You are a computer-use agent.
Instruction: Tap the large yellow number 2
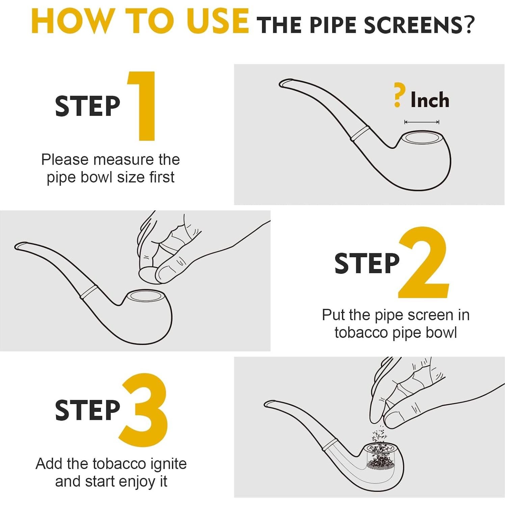424,262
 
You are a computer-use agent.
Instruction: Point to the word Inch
430,100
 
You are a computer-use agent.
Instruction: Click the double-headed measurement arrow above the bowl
422,122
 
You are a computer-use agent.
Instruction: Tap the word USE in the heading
218,21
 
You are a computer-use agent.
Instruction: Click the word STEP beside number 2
367,263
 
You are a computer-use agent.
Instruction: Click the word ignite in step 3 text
168,464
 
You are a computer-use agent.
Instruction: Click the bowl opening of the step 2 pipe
145,296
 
